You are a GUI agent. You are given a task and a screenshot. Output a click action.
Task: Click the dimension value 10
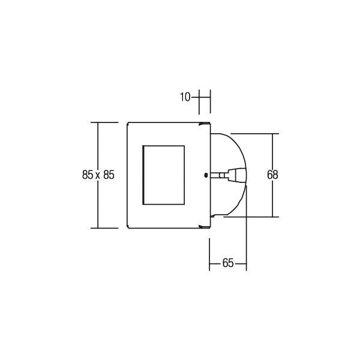(185, 97)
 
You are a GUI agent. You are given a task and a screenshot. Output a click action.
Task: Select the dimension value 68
(273, 175)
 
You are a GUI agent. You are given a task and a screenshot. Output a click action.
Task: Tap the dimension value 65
(228, 263)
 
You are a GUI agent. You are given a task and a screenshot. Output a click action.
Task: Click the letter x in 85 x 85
(98, 175)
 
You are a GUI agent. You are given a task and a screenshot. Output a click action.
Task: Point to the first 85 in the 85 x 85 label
(88, 175)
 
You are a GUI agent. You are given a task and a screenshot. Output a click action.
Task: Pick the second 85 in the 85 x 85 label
(109, 175)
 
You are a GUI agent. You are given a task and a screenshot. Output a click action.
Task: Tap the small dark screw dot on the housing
(205, 175)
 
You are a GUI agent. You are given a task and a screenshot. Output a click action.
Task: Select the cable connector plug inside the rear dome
(230, 175)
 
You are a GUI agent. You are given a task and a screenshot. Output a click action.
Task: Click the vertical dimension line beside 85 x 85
(98, 144)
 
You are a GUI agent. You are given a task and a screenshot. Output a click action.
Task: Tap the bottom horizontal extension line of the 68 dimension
(252, 217)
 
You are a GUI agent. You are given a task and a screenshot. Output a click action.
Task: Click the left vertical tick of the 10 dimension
(199, 102)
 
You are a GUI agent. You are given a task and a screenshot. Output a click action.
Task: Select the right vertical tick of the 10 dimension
(209, 102)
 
